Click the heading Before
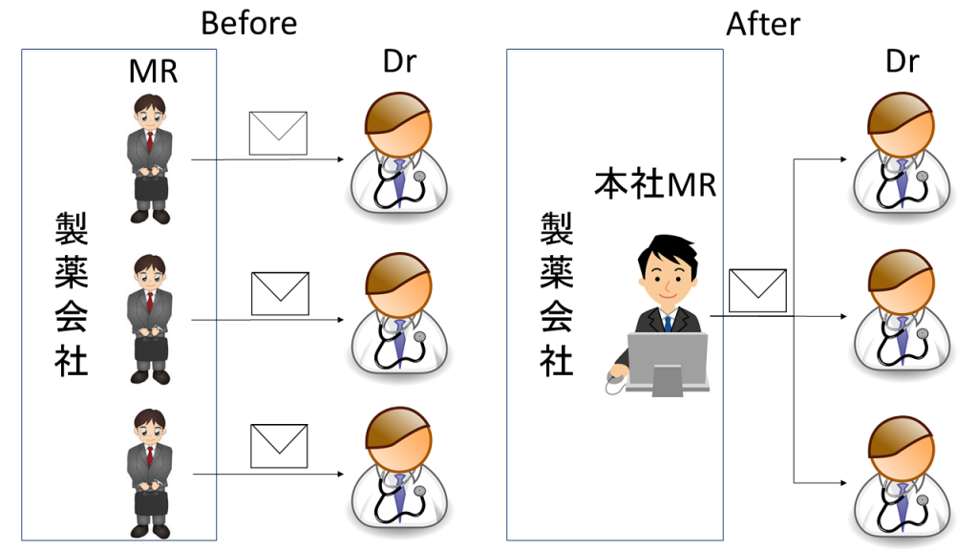248,22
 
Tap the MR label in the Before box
153,71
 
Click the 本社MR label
655,184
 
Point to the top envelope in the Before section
278,133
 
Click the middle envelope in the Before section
280,293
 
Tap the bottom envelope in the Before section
279,446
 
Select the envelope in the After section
757,290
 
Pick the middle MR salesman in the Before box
149,319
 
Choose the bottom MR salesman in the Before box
149,473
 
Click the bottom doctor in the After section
902,474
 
